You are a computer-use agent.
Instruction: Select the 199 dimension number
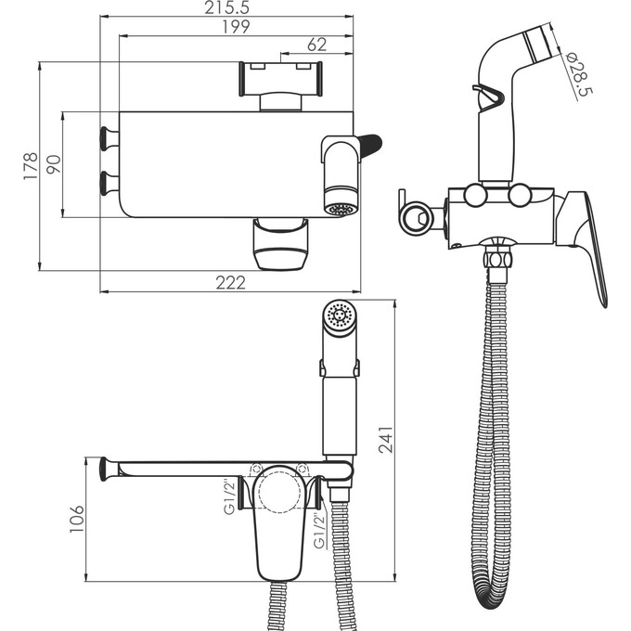235,28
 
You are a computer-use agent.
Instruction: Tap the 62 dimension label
316,45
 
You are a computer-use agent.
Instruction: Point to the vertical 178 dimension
31,165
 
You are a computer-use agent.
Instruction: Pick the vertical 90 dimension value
53,164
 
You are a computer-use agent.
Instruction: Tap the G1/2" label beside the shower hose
318,530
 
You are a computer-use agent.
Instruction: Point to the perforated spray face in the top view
341,209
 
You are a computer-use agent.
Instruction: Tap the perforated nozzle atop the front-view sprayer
339,315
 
